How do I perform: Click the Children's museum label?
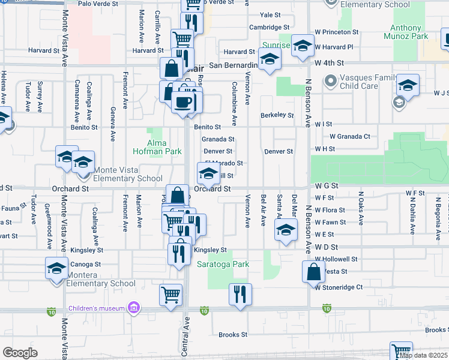click(96, 308)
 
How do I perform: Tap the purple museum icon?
click(134, 308)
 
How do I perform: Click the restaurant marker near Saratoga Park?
click(240, 294)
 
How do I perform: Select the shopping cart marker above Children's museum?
click(171, 295)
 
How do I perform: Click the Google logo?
click(20, 353)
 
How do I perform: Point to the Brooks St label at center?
click(233, 335)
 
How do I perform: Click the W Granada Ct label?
click(349, 136)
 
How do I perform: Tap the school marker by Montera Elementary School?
click(56, 268)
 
